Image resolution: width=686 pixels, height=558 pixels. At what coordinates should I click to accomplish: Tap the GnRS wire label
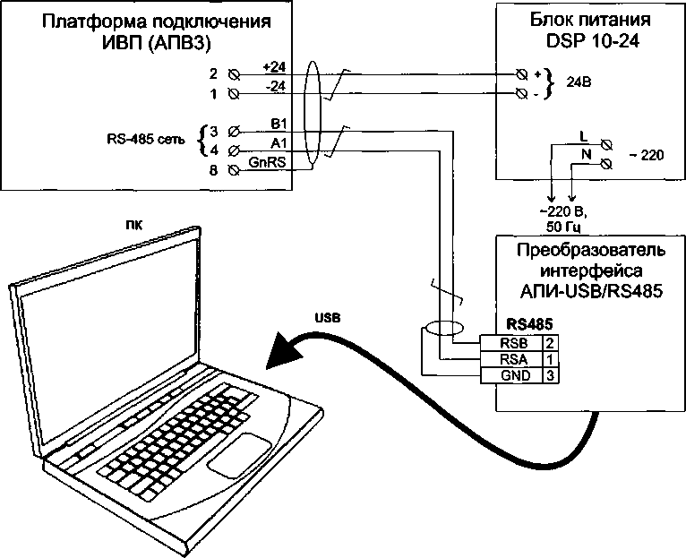[x=268, y=163]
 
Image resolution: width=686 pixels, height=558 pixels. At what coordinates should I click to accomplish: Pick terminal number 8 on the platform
[x=213, y=169]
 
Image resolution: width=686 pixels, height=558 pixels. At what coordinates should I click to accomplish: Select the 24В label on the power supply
[x=580, y=82]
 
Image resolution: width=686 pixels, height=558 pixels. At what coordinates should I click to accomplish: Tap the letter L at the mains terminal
[x=583, y=138]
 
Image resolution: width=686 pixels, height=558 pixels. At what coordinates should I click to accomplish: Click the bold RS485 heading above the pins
[x=524, y=325]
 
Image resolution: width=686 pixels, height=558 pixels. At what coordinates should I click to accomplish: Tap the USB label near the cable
[x=327, y=318]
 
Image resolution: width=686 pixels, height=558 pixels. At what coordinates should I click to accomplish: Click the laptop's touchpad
[x=239, y=455]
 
